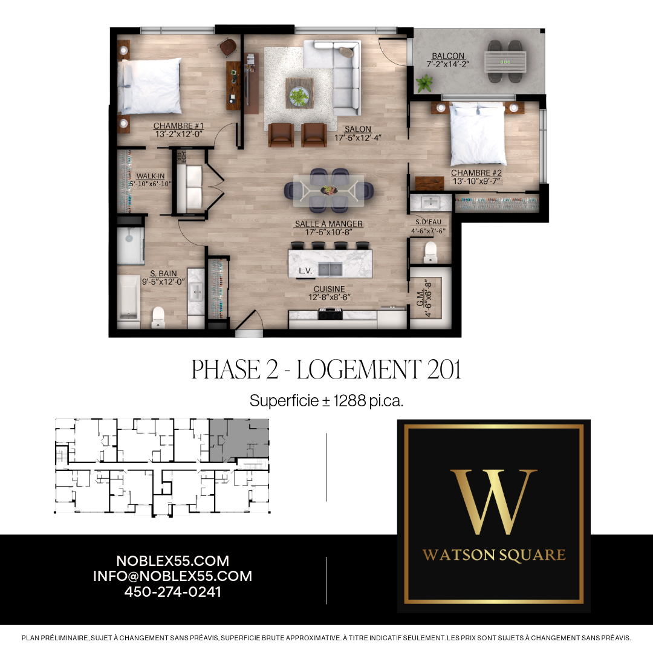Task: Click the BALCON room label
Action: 448,56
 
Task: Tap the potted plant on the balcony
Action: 425,83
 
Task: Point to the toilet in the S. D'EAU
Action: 430,251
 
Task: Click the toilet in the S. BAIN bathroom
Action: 158,316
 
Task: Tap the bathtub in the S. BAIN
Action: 129,297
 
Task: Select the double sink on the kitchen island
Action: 330,269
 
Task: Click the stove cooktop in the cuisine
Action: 331,313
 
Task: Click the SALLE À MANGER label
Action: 328,224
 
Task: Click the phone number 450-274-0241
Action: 172,592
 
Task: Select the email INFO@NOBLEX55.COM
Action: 172,576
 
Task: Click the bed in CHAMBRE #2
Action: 478,132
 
